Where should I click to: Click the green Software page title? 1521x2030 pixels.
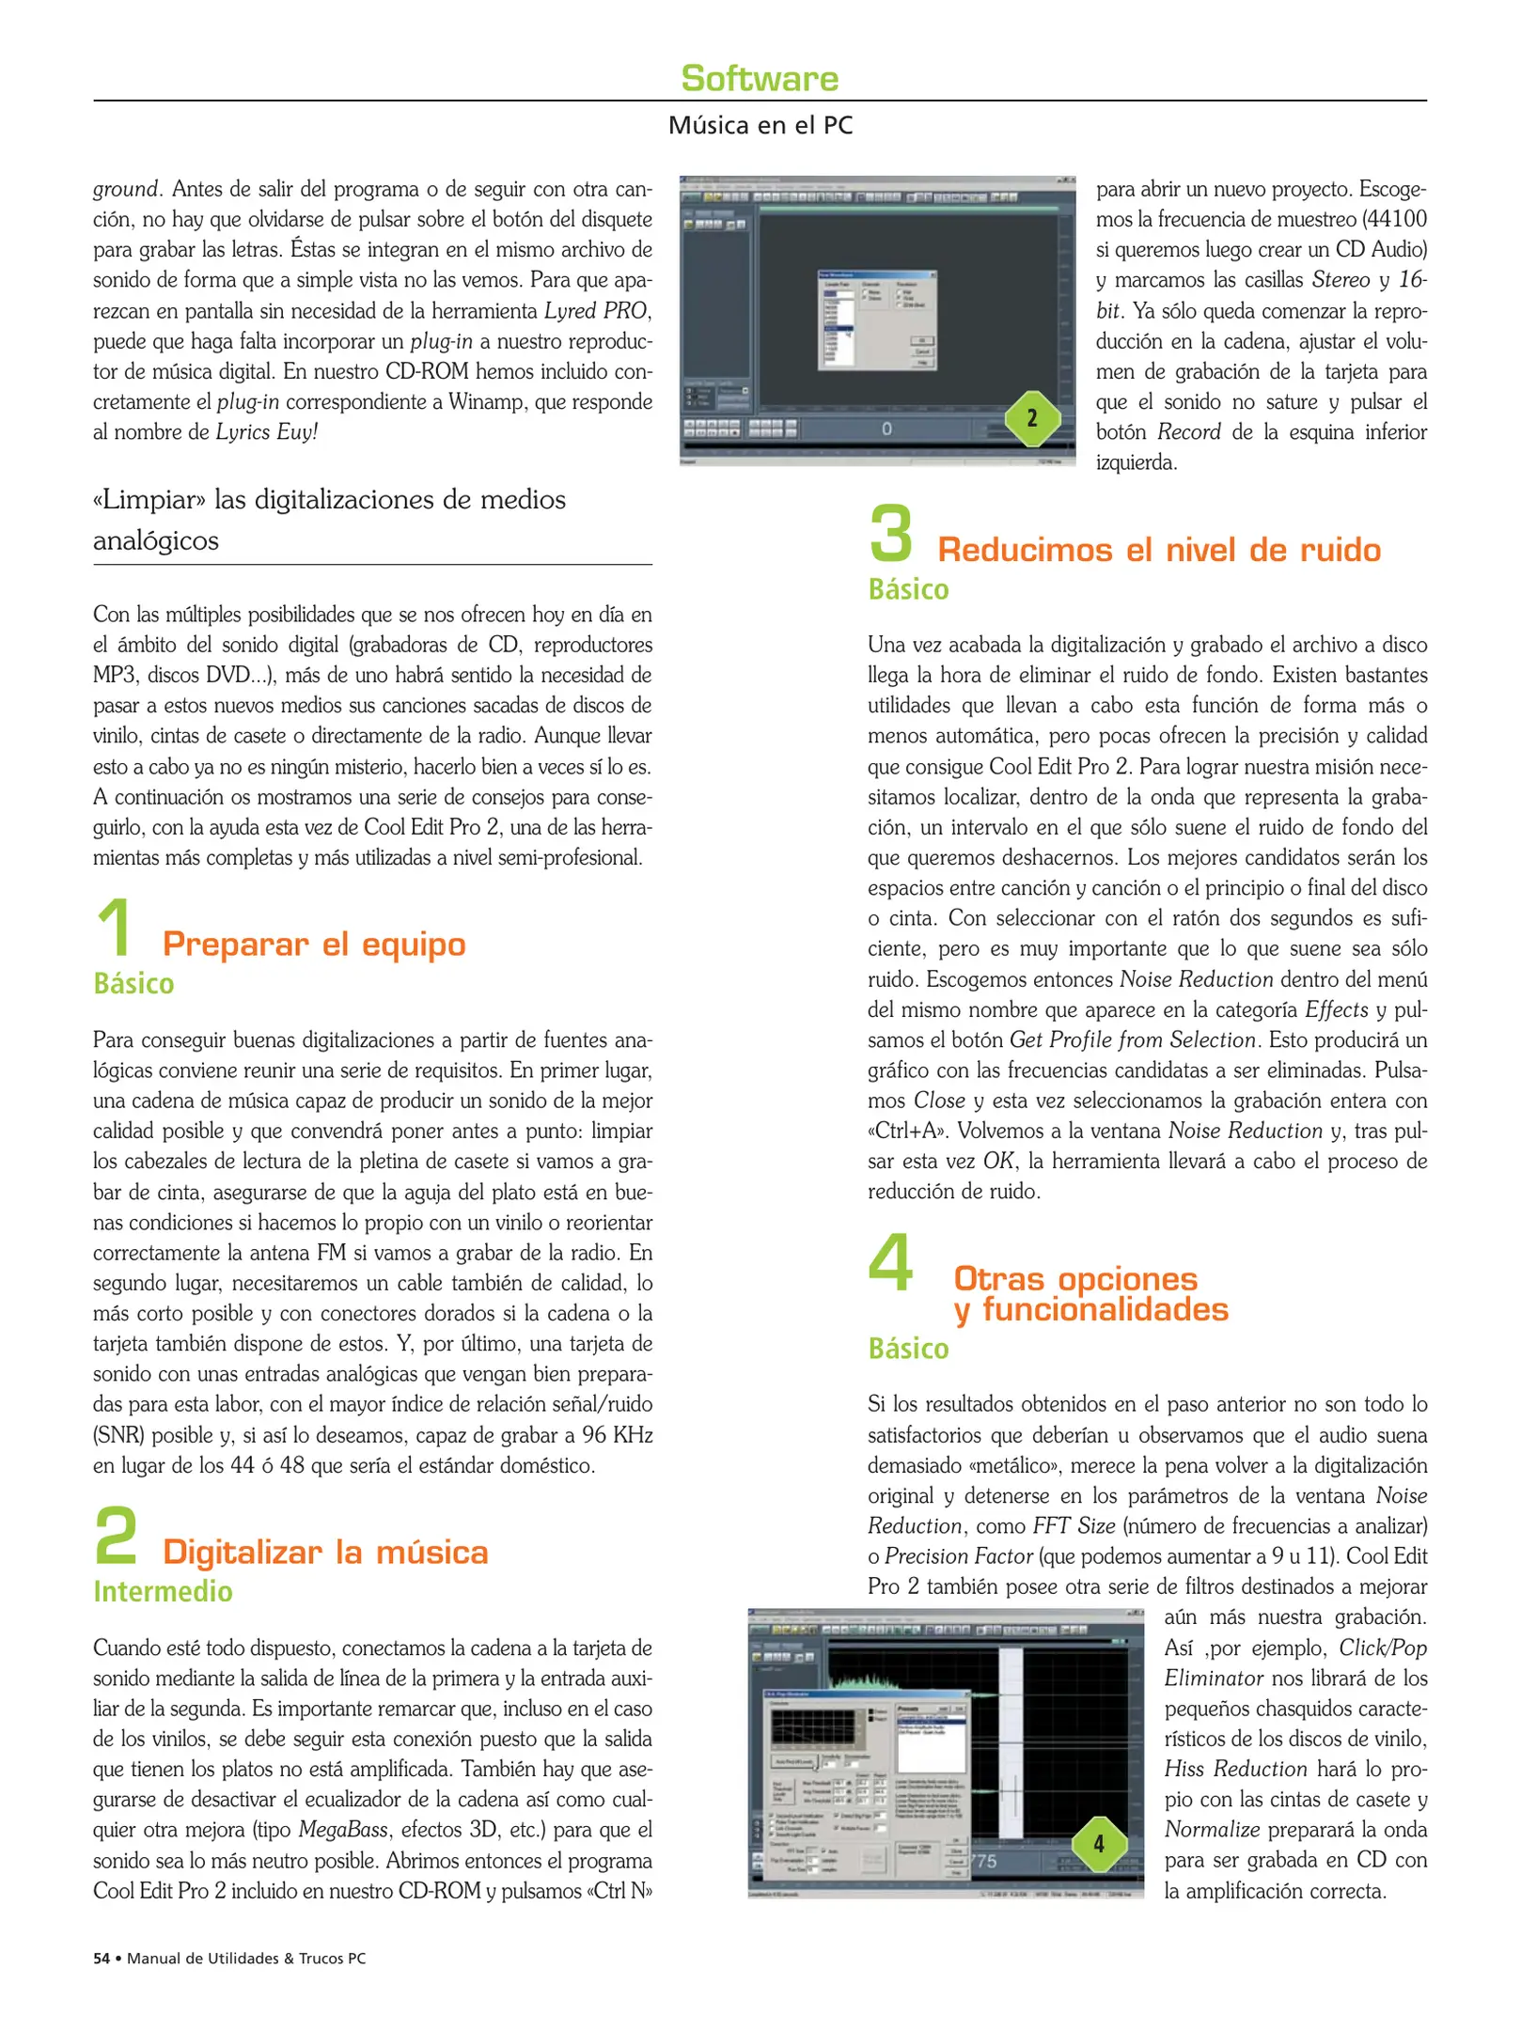(x=760, y=78)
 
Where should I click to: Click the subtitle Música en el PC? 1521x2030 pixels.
(x=760, y=125)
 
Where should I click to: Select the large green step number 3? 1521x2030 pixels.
(x=891, y=534)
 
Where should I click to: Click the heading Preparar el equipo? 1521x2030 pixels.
(x=314, y=944)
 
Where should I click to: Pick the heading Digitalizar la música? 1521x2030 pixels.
(x=325, y=1552)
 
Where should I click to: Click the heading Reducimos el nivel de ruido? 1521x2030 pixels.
(x=1159, y=550)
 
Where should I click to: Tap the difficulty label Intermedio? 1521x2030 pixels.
(x=163, y=1591)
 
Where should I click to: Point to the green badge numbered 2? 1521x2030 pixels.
(x=1031, y=418)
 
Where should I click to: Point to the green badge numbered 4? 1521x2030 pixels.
(x=1098, y=1844)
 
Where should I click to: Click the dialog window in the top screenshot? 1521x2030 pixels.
(x=878, y=320)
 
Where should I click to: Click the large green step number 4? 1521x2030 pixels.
(x=890, y=1263)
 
